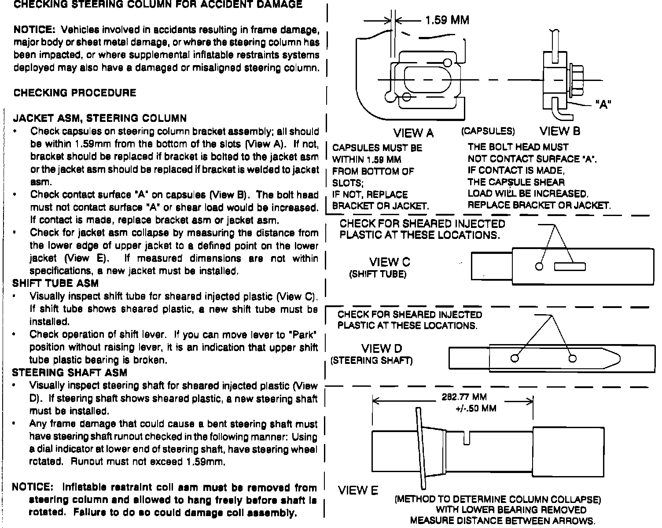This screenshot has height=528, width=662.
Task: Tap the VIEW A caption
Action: [x=413, y=133]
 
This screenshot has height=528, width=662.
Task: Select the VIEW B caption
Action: [x=560, y=131]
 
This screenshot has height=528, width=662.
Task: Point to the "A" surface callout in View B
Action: [x=603, y=105]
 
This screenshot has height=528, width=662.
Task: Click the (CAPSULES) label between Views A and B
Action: [x=488, y=131]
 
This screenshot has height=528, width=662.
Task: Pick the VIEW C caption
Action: [x=390, y=262]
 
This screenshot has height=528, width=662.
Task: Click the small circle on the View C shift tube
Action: [x=539, y=267]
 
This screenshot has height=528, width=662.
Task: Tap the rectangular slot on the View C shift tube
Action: [x=570, y=266]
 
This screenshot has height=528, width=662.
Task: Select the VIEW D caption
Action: [x=382, y=349]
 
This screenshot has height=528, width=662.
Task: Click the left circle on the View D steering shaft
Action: [x=514, y=359]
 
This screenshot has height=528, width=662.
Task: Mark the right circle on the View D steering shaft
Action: [x=572, y=359]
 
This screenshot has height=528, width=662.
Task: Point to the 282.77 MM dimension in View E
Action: [x=464, y=398]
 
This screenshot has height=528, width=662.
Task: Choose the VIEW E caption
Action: [x=358, y=491]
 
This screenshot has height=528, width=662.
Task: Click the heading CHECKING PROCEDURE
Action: [x=75, y=93]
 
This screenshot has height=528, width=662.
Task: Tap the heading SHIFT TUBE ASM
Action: [x=55, y=283]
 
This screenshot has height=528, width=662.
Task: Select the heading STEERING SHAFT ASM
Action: [x=70, y=373]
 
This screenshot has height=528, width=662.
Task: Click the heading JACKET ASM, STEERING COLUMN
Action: [x=100, y=118]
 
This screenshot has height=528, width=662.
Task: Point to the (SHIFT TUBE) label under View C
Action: [x=378, y=275]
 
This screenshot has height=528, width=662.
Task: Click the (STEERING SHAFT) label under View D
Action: [x=371, y=361]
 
